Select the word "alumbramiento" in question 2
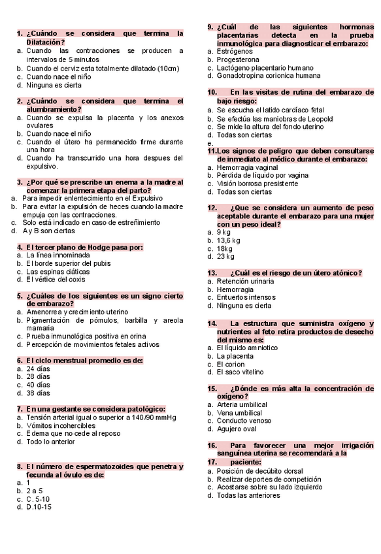52,109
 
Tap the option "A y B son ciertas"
48,231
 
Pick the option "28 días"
38,377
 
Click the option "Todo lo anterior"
50,442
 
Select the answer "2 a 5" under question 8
35,490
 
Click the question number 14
212,323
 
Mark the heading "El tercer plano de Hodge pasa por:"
84,247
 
